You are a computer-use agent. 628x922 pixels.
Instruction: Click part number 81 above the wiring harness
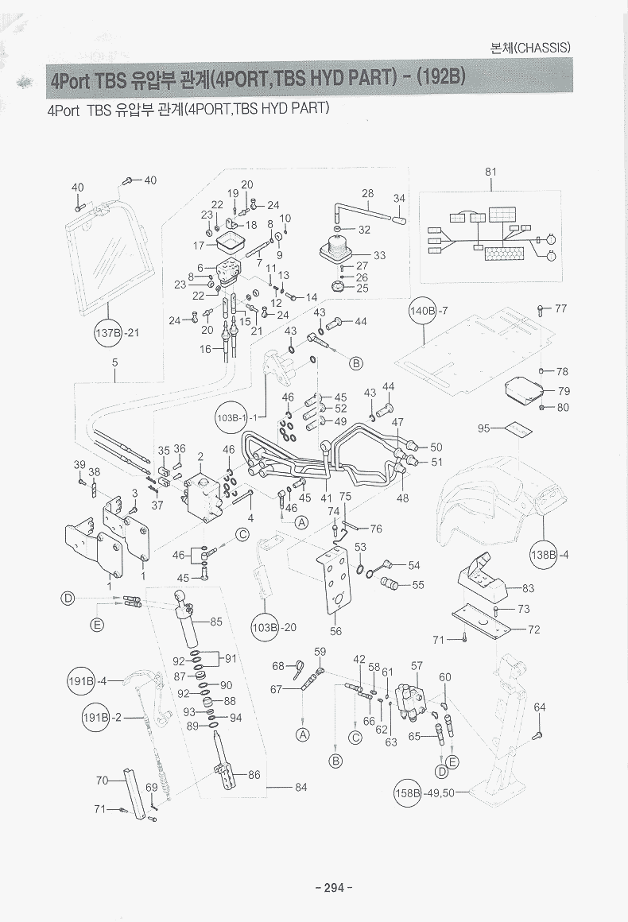(490, 172)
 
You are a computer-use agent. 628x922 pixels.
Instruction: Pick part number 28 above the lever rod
(367, 193)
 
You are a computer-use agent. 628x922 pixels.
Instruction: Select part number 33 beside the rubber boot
(379, 255)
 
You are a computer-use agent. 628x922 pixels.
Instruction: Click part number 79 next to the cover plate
(564, 391)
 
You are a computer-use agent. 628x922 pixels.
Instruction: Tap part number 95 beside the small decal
(483, 428)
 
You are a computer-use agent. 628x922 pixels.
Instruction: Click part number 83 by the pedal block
(528, 588)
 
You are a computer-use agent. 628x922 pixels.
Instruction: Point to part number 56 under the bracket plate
(336, 631)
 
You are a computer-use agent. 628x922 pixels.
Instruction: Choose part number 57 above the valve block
(417, 665)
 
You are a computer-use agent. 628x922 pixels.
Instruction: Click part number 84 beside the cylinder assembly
(300, 788)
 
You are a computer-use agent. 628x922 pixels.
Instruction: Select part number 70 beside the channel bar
(102, 781)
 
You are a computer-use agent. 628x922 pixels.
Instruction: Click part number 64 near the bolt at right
(540, 707)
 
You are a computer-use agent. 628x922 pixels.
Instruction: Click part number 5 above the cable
(114, 363)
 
